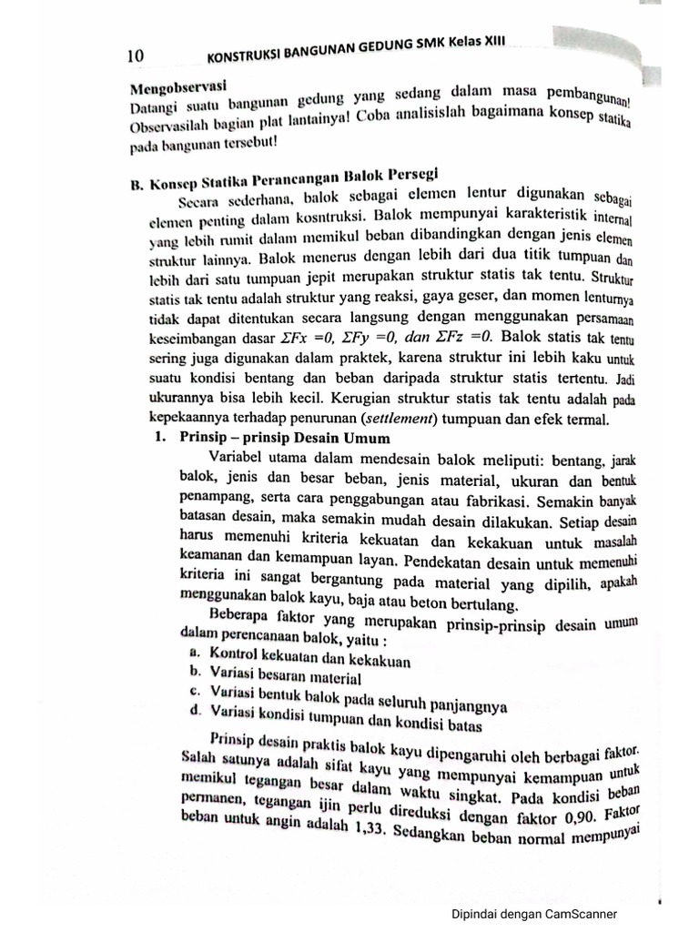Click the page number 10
coord(136,56)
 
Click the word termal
coord(588,419)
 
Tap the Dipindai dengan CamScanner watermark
coord(534,914)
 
